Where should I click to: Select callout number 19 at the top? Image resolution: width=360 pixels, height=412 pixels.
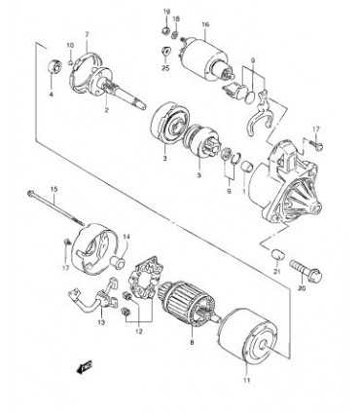(164, 10)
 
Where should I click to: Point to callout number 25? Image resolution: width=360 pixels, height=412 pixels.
(165, 68)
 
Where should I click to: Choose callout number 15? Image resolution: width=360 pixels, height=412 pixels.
(54, 187)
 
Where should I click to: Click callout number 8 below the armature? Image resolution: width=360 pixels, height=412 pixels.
(193, 343)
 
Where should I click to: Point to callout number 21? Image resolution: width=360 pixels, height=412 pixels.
(276, 273)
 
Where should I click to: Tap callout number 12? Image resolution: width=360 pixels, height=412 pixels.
(138, 331)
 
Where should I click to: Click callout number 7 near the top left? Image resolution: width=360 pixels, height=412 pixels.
(87, 34)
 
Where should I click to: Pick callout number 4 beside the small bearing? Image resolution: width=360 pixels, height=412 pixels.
(53, 94)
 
